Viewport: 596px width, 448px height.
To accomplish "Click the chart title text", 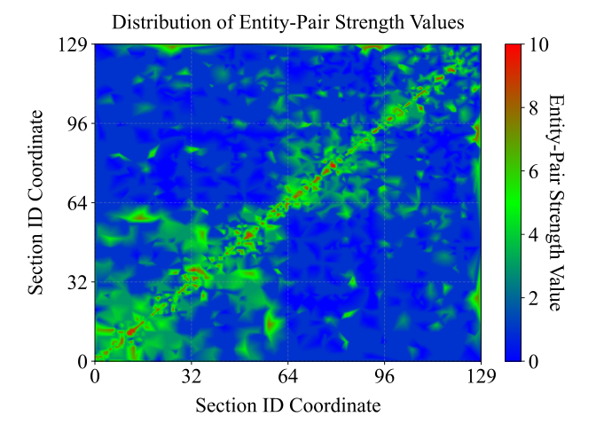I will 288,22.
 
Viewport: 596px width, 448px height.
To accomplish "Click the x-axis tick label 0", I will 94,376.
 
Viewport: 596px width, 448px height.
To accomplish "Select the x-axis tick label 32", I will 191,376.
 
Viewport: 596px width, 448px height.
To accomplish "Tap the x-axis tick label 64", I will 287,376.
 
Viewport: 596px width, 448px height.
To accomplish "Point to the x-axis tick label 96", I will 384,376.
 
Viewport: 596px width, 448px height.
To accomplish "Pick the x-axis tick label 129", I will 481,376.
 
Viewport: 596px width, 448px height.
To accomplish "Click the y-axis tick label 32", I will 75,282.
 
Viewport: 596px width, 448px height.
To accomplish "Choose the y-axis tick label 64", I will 75,203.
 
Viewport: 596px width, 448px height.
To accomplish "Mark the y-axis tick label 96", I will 75,124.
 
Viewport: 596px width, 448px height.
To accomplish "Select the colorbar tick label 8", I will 533,107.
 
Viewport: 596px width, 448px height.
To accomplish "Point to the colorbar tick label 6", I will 533,171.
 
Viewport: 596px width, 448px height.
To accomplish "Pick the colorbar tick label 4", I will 533,234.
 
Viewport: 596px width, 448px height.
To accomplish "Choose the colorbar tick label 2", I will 533,298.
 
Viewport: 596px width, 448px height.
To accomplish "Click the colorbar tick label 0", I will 533,361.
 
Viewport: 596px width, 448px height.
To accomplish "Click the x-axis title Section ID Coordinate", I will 287,405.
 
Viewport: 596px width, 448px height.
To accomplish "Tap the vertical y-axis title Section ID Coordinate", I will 36,202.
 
